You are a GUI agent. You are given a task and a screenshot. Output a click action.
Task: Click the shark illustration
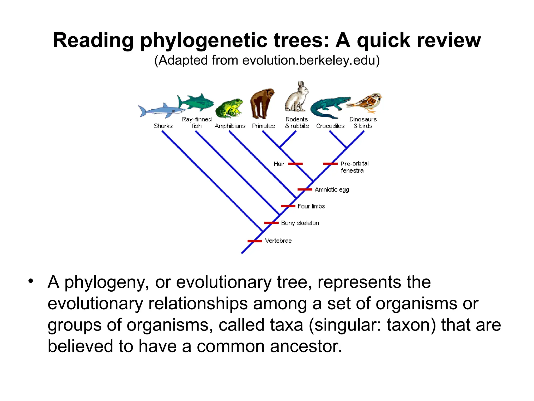(159, 111)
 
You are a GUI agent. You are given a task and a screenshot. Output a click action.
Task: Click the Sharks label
(163, 126)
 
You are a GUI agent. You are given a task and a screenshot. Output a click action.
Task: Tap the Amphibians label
(230, 126)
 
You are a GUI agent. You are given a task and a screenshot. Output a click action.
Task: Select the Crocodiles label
(330, 126)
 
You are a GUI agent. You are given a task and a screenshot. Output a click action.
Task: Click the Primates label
(263, 126)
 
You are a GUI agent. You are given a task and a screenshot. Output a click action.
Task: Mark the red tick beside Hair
(295, 164)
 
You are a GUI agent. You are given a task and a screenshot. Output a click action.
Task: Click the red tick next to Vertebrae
(255, 241)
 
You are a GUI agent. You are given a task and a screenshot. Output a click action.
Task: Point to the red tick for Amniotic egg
(305, 189)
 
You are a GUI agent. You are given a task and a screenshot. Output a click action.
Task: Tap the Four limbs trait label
(311, 206)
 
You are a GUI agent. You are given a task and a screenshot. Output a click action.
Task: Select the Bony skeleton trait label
(300, 223)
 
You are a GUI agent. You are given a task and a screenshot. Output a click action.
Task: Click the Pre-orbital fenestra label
(354, 167)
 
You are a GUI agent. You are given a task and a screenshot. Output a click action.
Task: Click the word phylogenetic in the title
(203, 40)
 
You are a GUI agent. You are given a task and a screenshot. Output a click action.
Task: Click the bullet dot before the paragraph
(31, 281)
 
